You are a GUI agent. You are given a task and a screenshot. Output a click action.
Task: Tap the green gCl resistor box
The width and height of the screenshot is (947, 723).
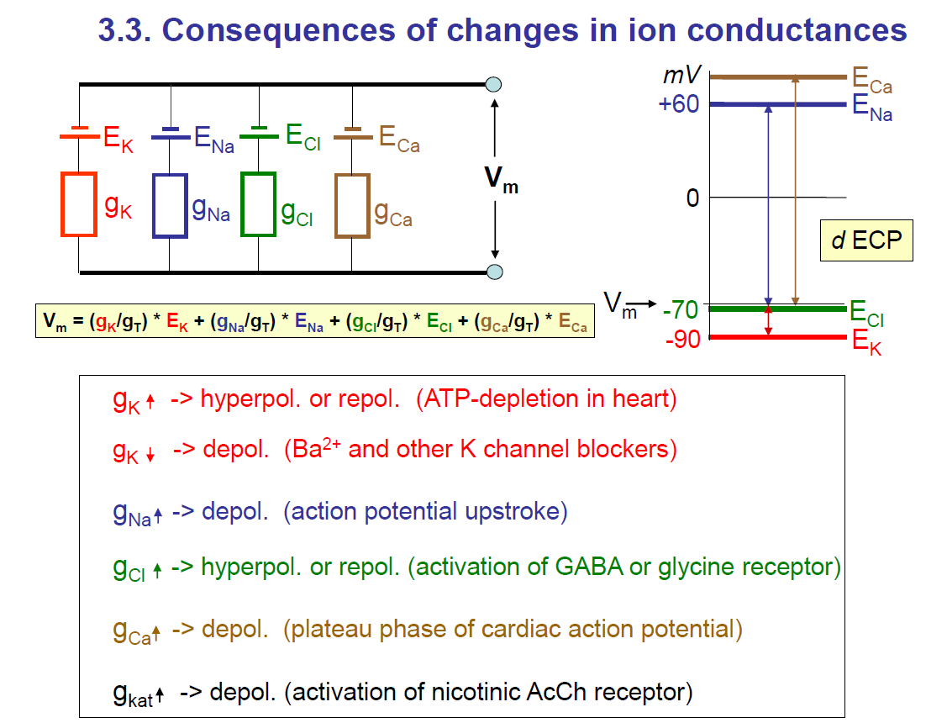pyautogui.click(x=258, y=204)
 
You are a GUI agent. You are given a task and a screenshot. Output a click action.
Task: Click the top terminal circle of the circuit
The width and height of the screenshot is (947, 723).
pyautogui.click(x=494, y=84)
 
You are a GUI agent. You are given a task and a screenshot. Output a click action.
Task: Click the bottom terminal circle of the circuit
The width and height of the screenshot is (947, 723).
pyautogui.click(x=494, y=272)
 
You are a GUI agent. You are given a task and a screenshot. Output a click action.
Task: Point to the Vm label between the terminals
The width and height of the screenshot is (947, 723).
pyautogui.click(x=501, y=180)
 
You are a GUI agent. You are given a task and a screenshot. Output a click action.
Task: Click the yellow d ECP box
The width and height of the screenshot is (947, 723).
pyautogui.click(x=866, y=240)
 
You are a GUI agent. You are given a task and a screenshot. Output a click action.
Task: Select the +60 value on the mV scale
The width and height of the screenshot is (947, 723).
pyautogui.click(x=680, y=104)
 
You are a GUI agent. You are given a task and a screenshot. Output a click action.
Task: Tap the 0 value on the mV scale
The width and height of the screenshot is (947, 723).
pyautogui.click(x=692, y=198)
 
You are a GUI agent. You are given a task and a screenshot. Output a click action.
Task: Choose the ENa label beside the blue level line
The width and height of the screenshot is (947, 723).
pyautogui.click(x=871, y=108)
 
